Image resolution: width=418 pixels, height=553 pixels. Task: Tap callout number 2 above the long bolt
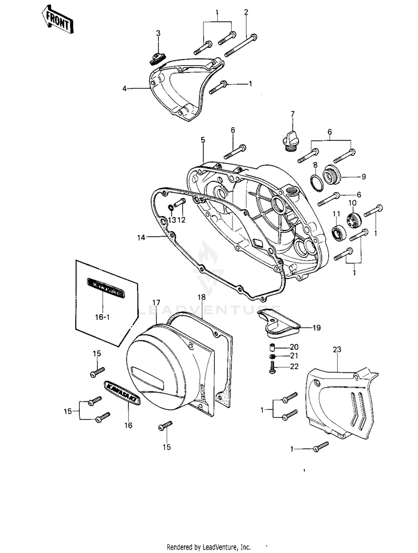pos(246,12)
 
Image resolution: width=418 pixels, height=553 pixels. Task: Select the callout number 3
pos(158,33)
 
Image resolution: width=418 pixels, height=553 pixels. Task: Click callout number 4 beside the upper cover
pos(125,88)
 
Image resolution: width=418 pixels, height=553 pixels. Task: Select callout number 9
pos(363,177)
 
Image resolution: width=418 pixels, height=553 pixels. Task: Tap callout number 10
pos(352,202)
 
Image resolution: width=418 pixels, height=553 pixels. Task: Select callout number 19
pos(316,328)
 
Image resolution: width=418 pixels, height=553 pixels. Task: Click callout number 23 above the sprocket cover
pos(336,349)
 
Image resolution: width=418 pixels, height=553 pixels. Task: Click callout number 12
pos(182,220)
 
